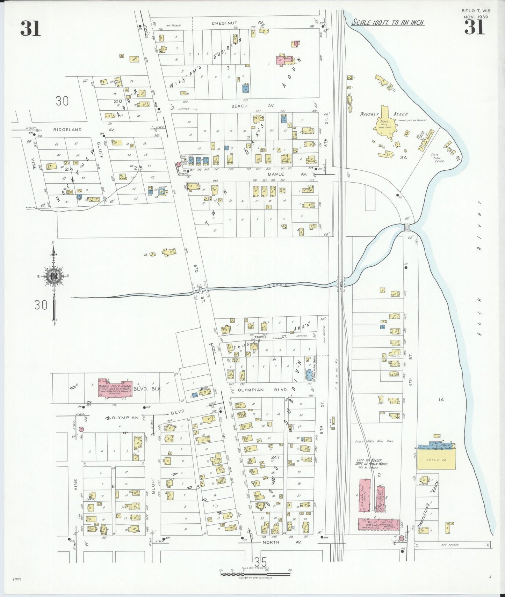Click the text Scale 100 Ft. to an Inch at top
[x=388, y=22]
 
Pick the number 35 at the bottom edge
[x=260, y=562]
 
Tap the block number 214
[x=69, y=169]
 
